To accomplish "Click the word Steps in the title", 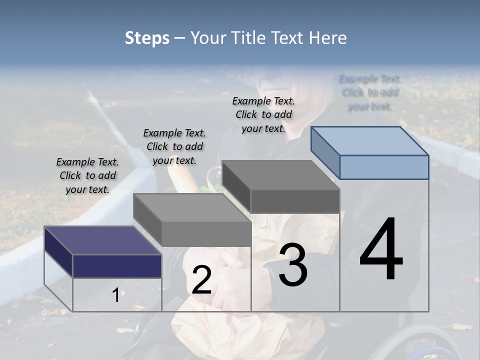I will [x=147, y=38].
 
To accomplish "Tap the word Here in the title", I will [x=328, y=38].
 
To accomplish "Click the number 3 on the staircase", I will [x=293, y=265].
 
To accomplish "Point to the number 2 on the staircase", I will [x=201, y=280].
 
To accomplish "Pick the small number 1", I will [x=115, y=295].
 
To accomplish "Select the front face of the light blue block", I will [x=384, y=167].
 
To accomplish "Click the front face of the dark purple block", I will [x=117, y=266].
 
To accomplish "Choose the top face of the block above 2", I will [x=192, y=207].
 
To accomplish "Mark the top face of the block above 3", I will [x=281, y=175].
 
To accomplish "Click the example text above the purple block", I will [x=87, y=175].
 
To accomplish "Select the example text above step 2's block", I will [x=174, y=146].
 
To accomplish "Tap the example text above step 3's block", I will [x=263, y=114].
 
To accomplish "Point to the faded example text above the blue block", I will [x=370, y=92].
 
